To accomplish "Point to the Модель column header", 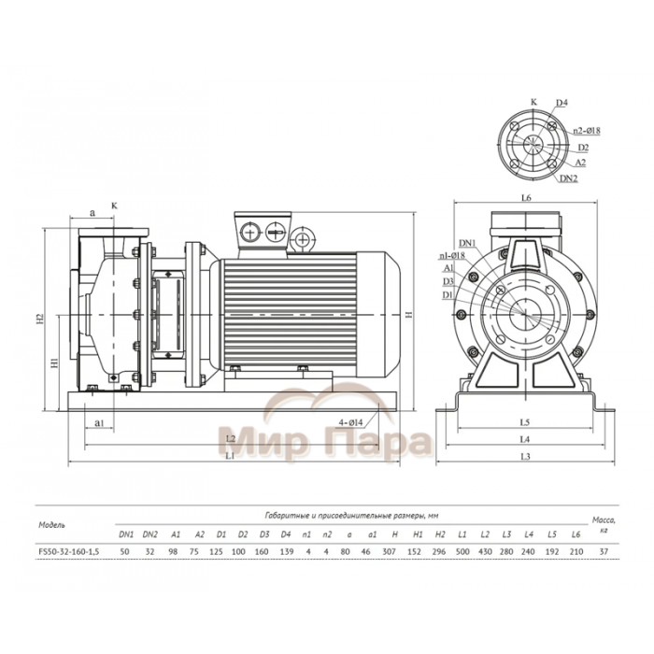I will coord(51,524).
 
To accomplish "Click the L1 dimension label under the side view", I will coord(230,455).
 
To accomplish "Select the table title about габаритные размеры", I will coord(361,515).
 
